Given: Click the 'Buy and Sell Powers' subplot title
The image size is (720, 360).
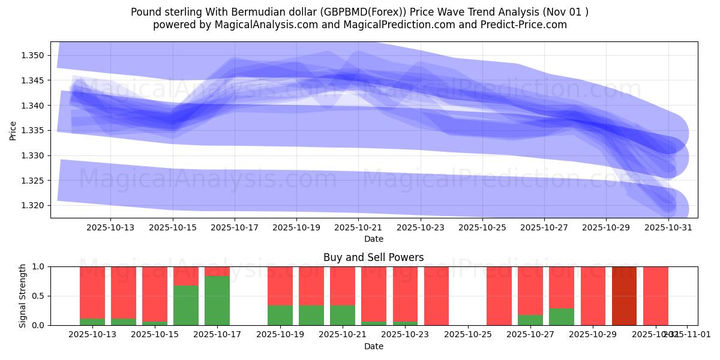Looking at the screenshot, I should [373, 257].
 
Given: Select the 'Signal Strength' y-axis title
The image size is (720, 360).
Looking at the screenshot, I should [23, 296].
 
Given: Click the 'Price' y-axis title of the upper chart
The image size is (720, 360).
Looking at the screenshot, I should [13, 130].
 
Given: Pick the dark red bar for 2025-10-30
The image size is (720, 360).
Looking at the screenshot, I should [624, 296].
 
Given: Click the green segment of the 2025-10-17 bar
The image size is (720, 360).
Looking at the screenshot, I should [217, 300].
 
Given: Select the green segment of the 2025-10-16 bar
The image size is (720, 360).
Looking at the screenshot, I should [186, 305].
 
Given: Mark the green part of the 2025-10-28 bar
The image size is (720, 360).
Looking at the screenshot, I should [562, 317].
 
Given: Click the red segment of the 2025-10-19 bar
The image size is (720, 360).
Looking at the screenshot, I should [280, 286].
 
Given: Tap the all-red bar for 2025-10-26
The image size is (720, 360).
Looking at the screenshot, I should [499, 296].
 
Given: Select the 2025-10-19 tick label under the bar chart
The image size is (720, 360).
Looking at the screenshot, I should [280, 334].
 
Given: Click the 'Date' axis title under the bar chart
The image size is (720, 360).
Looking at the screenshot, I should [373, 346].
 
